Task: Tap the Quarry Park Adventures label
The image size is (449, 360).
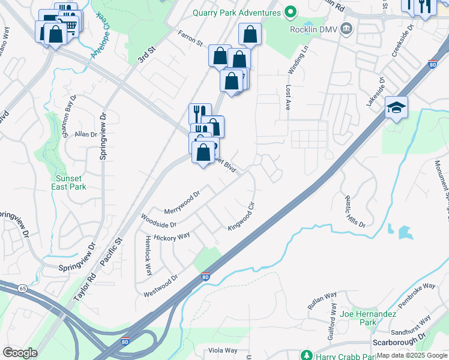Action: point(237,12)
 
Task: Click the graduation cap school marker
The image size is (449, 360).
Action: point(397,108)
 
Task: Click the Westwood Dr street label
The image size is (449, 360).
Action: point(161,286)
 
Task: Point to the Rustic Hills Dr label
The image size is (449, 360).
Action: point(355,210)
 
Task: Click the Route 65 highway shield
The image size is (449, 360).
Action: point(23,289)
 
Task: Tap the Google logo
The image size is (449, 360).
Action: point(20,353)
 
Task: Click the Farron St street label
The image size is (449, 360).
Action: point(191,38)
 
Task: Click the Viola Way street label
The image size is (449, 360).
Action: point(222,350)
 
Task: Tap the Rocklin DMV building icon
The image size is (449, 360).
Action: point(346,29)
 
